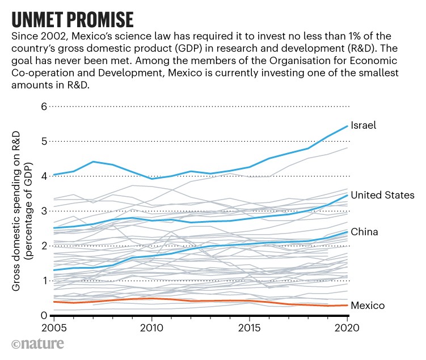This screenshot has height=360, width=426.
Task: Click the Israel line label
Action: (x=364, y=125)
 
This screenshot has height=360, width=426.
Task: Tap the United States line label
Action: (x=382, y=195)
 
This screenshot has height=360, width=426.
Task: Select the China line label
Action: (x=364, y=232)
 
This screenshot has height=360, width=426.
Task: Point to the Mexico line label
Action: (x=368, y=306)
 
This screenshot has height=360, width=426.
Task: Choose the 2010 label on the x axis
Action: (x=151, y=328)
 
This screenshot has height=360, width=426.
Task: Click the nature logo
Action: (x=37, y=344)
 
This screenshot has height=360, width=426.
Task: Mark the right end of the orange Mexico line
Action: (x=347, y=306)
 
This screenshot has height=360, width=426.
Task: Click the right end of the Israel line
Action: (x=347, y=126)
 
